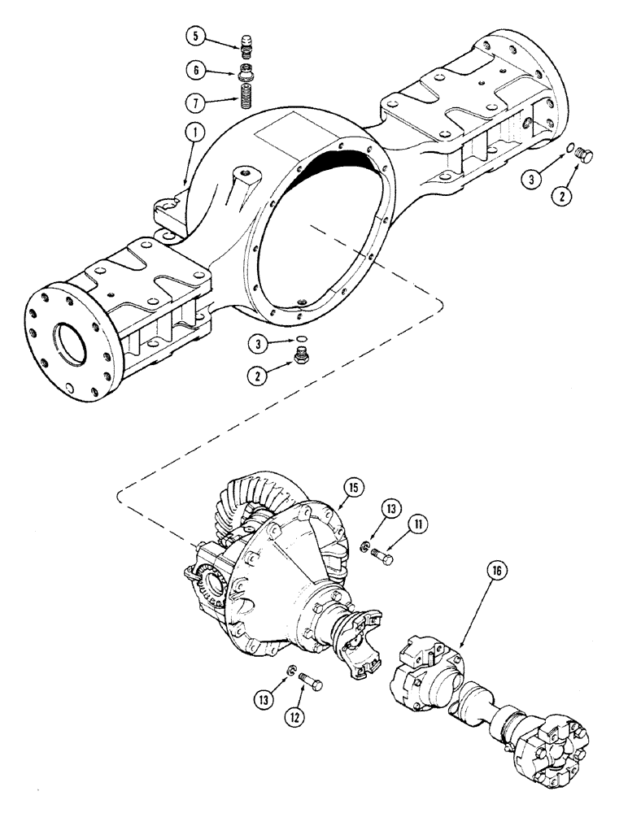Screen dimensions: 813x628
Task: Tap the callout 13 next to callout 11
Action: click(391, 510)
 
